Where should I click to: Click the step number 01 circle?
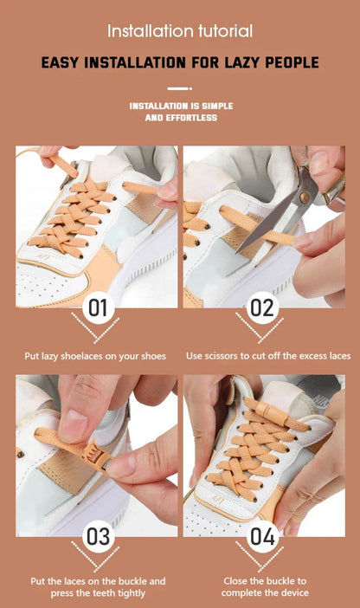point(98,307)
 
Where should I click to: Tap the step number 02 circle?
point(262,307)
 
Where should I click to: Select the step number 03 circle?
point(98,537)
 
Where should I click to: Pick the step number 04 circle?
point(262,537)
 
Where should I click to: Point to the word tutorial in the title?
point(226,31)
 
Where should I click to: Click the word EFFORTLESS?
point(191,118)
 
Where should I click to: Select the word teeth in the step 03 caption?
point(103,593)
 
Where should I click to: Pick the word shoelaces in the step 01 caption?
point(81,356)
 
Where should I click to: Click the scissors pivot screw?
point(305,197)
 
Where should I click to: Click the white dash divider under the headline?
point(180,88)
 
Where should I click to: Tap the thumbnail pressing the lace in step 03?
point(74,425)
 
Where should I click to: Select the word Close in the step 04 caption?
point(235,581)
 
